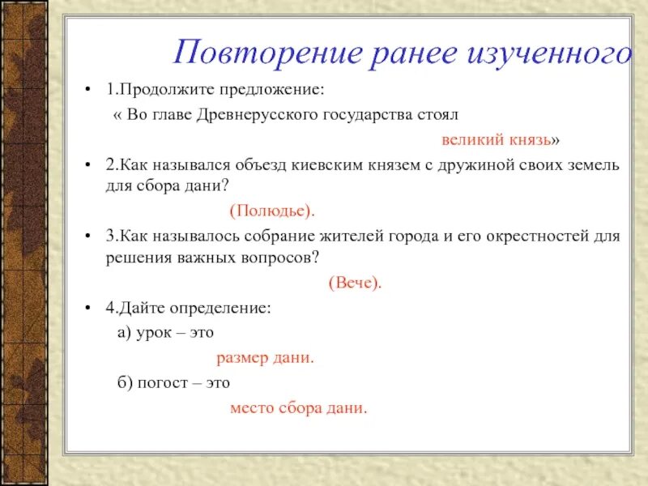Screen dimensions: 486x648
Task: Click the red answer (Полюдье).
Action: (x=271, y=211)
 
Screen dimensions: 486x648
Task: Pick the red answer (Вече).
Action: (x=354, y=283)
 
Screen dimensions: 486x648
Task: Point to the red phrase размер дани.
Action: (x=265, y=357)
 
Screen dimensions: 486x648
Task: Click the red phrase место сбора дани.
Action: (x=299, y=407)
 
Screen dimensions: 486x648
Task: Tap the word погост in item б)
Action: (x=163, y=382)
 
